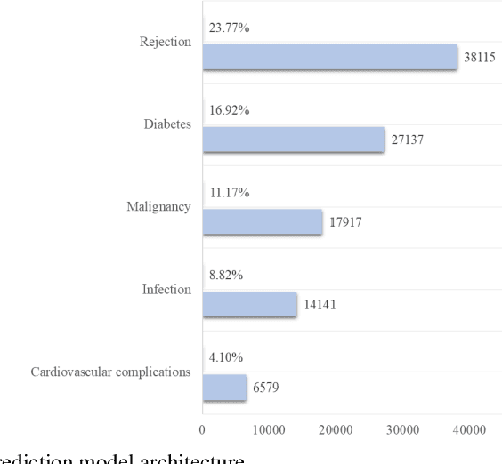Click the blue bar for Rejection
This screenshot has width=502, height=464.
(329, 58)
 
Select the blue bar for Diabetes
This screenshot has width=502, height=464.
(293, 140)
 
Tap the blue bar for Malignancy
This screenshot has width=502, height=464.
(262, 222)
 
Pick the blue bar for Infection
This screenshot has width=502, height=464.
(249, 305)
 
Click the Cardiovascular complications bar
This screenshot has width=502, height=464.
(224, 388)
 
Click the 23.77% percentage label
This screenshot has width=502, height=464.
(228, 28)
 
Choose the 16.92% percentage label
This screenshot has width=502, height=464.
(228, 111)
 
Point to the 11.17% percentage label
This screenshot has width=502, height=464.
(228, 193)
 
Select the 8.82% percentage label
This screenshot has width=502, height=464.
(225, 276)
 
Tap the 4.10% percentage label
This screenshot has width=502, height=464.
(225, 357)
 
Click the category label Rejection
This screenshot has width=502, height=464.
(166, 43)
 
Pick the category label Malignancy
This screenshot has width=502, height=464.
(160, 207)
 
